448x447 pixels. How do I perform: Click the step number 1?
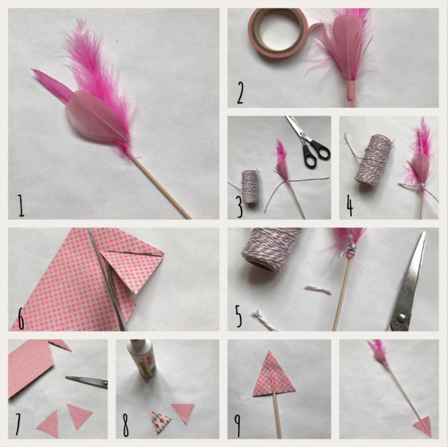[x=21, y=205]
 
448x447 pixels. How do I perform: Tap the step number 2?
[x=240, y=93]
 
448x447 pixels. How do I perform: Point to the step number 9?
[x=237, y=426]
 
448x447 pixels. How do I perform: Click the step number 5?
[x=238, y=316]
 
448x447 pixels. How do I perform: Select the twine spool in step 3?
[x=250, y=186]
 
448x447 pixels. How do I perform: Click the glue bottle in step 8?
[x=145, y=358]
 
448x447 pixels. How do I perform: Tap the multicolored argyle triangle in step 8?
[x=160, y=423]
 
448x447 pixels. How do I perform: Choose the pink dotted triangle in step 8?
[x=183, y=412]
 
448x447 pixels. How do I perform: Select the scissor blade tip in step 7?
[x=67, y=377]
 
